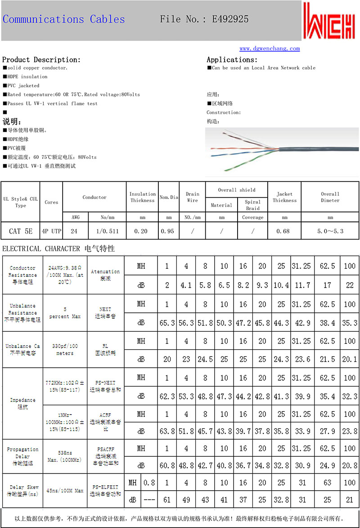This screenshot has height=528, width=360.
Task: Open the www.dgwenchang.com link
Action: (x=270, y=49)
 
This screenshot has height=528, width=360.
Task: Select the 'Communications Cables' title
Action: (x=63, y=19)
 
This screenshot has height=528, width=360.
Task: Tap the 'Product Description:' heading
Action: (x=41, y=59)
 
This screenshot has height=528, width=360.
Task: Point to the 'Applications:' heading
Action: (x=232, y=59)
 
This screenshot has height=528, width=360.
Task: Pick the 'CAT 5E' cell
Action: (x=21, y=231)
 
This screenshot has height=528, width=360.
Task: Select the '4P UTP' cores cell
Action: (x=51, y=231)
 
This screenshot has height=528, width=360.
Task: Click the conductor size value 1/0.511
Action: (x=107, y=231)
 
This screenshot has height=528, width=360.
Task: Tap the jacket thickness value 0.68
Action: (x=284, y=231)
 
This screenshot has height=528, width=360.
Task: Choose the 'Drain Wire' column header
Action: (x=192, y=197)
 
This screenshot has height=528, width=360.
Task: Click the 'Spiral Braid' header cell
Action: (x=252, y=205)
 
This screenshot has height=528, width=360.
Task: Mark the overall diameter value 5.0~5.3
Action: (x=330, y=231)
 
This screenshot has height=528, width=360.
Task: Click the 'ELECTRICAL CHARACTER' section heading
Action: (x=41, y=248)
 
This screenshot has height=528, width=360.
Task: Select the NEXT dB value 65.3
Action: (x=167, y=323)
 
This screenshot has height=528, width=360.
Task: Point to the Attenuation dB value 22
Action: (x=349, y=285)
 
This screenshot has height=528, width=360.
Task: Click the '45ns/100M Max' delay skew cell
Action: (x=64, y=490)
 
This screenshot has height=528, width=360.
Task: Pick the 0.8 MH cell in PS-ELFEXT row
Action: (x=149, y=483)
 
